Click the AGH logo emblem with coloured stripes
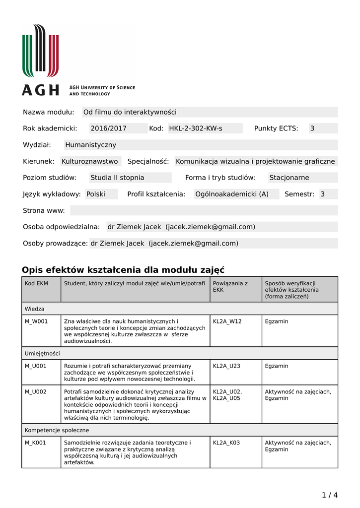click(40, 51)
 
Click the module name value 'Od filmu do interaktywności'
click(130, 112)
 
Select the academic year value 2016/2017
click(108, 128)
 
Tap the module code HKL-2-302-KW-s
click(196, 128)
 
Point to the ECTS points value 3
click(312, 128)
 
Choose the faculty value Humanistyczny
click(90, 145)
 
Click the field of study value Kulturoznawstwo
click(90, 161)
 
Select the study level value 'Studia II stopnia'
click(117, 178)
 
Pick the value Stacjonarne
click(289, 178)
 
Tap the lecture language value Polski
click(96, 194)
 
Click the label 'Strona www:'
click(44, 210)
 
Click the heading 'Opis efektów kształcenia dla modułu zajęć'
click(123, 270)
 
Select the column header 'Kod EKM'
click(36, 283)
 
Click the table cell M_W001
click(36, 321)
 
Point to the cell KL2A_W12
click(227, 321)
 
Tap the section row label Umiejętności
click(42, 353)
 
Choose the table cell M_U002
click(36, 392)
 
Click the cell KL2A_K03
click(226, 443)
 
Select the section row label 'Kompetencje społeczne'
click(57, 430)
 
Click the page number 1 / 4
click(329, 495)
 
